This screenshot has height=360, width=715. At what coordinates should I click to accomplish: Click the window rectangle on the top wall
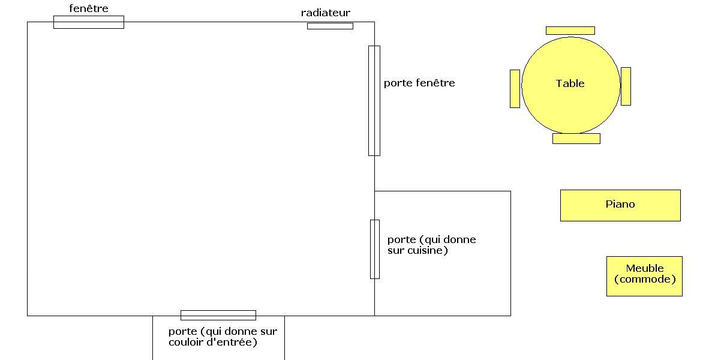(89, 22)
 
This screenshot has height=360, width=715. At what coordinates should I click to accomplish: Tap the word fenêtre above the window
(89, 8)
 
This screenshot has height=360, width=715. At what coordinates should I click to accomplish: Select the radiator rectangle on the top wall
(330, 26)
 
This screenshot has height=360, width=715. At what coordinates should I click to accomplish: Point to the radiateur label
(326, 13)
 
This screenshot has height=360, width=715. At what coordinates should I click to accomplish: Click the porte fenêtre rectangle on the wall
(374, 101)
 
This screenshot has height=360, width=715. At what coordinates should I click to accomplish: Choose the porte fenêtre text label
(419, 83)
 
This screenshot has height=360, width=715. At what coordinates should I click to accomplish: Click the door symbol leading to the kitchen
(375, 249)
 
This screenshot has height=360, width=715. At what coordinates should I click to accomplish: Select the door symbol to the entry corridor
(218, 315)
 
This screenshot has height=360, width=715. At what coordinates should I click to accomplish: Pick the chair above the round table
(570, 31)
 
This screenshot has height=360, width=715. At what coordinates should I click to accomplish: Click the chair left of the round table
(515, 89)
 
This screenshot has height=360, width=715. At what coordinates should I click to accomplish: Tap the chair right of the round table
(626, 86)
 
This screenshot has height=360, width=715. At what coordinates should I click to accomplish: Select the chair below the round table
(576, 139)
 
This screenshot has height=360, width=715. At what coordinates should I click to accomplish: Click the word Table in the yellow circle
(570, 83)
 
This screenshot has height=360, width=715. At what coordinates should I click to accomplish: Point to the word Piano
(620, 204)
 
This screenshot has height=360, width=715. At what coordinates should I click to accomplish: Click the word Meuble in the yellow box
(645, 268)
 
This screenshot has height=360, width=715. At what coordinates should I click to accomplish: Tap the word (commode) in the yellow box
(645, 279)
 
